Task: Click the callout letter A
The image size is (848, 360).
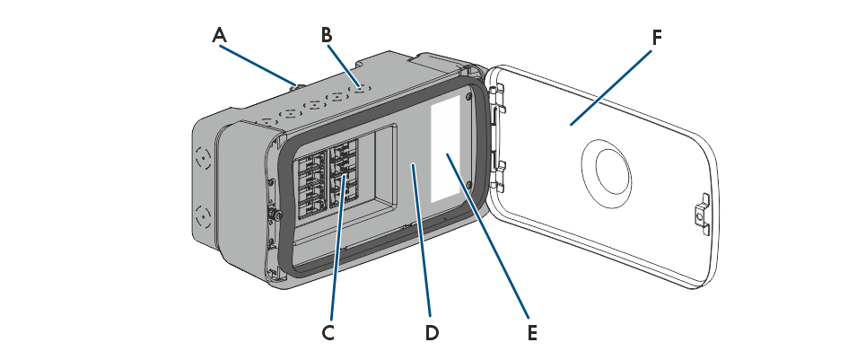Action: pos(219,36)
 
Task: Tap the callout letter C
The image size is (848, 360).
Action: pos(328,332)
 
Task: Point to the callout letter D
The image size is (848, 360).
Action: pos(432,332)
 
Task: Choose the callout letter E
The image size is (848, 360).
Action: pos(532,332)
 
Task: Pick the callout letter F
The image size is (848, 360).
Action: pos(657,38)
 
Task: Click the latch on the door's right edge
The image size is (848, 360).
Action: pos(703,213)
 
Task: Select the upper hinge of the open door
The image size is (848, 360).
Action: pos(499,90)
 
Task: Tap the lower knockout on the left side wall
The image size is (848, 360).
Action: pos(202,217)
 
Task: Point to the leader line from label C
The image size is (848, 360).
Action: pos(335,260)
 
